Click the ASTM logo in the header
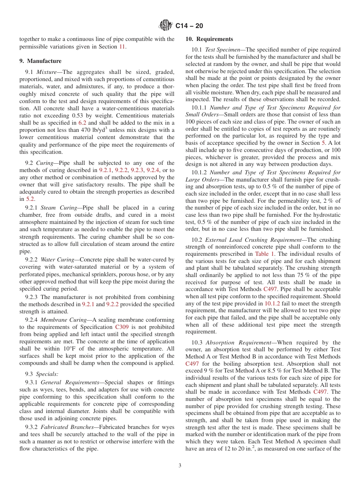click(165, 26)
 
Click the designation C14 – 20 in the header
click(189, 26)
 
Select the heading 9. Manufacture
click(41, 61)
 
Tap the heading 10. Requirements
click(209, 39)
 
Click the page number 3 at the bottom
click(180, 466)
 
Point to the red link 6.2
click(82, 123)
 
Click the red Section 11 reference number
click(122, 47)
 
